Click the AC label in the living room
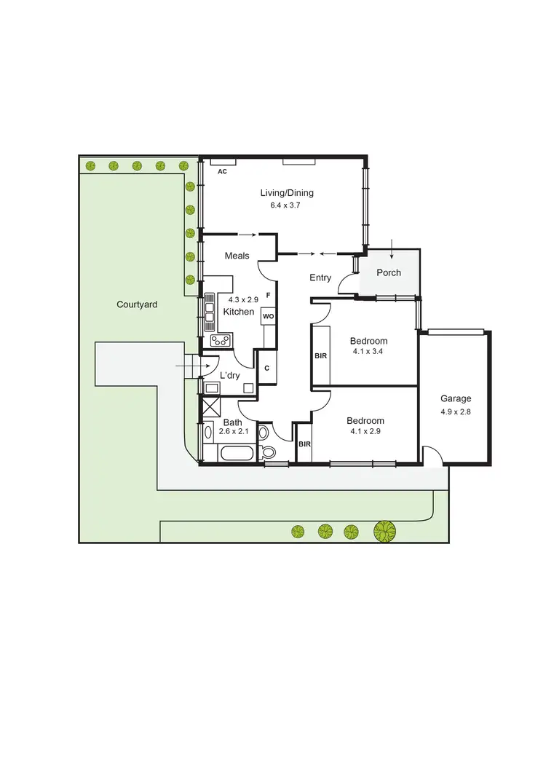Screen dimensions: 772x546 pyautogui.click(x=223, y=171)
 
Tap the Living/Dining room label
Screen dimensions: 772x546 pyautogui.click(x=287, y=193)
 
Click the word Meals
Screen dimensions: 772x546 pyautogui.click(x=237, y=256)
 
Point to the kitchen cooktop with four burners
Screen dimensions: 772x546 pyautogui.click(x=221, y=339)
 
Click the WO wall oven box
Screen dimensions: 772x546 pyautogui.click(x=268, y=317)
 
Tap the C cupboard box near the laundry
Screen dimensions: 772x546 pyautogui.click(x=267, y=368)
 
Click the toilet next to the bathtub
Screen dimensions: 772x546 pyautogui.click(x=267, y=452)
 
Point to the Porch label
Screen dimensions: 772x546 pyautogui.click(x=388, y=273)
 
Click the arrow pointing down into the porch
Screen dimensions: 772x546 pyautogui.click(x=392, y=249)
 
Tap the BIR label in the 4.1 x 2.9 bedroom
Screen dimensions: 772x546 pyautogui.click(x=304, y=444)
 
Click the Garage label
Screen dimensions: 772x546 pyautogui.click(x=456, y=398)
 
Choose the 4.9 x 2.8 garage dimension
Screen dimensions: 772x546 pyautogui.click(x=456, y=411)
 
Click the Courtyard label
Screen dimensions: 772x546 pyautogui.click(x=137, y=304)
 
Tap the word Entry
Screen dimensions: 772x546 pyautogui.click(x=320, y=277)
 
